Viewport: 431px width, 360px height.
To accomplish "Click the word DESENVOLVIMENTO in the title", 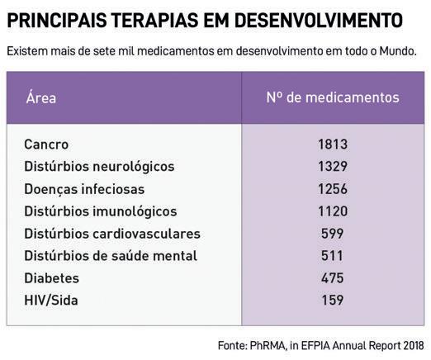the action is click(319, 20).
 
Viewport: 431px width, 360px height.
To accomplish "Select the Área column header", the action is click(41, 97).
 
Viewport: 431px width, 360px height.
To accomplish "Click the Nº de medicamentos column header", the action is click(333, 97).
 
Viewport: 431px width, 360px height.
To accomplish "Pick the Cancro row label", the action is click(46, 144).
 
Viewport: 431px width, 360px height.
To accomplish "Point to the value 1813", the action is click(333, 144).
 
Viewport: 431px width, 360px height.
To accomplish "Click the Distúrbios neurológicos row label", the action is click(99, 167).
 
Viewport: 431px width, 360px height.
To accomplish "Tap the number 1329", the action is click(333, 167).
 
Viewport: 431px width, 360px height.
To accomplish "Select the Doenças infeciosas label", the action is click(84, 190).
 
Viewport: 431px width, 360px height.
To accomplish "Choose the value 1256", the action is click(333, 189).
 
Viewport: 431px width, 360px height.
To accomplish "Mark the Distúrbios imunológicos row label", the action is click(101, 211).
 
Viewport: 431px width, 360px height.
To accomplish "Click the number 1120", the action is click(333, 211).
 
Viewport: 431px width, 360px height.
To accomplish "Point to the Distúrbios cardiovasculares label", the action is click(112, 234).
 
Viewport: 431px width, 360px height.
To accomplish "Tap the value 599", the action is click(333, 234).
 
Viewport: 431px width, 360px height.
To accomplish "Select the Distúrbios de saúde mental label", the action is click(111, 256).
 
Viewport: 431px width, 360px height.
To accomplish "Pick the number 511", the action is click(332, 256).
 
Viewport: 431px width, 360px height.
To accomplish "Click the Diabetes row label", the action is click(52, 278).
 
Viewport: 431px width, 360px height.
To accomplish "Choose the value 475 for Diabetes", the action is click(333, 278).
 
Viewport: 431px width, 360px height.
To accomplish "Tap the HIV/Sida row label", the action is click(51, 301).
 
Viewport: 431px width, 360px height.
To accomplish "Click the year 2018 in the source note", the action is click(414, 346).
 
